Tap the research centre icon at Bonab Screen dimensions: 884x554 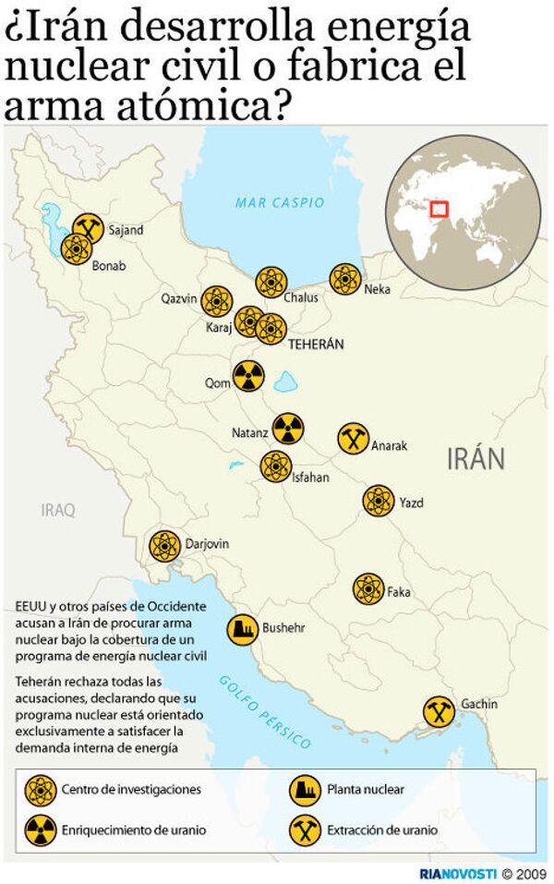tap(76, 248)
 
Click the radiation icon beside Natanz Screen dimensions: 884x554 tap(288, 428)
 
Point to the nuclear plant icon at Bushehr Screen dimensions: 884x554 tap(243, 628)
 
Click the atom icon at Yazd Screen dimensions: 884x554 tap(379, 501)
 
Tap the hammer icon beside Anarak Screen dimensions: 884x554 tap(351, 439)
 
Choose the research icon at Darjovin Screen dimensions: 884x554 tap(164, 545)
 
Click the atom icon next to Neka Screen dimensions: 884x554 tap(345, 278)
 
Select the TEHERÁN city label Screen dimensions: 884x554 tap(316, 344)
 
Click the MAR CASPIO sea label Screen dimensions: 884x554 tap(280, 201)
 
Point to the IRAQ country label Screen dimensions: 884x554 tap(58, 509)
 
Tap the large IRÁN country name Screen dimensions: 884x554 tap(476, 457)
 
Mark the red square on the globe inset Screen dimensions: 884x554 tap(439, 211)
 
